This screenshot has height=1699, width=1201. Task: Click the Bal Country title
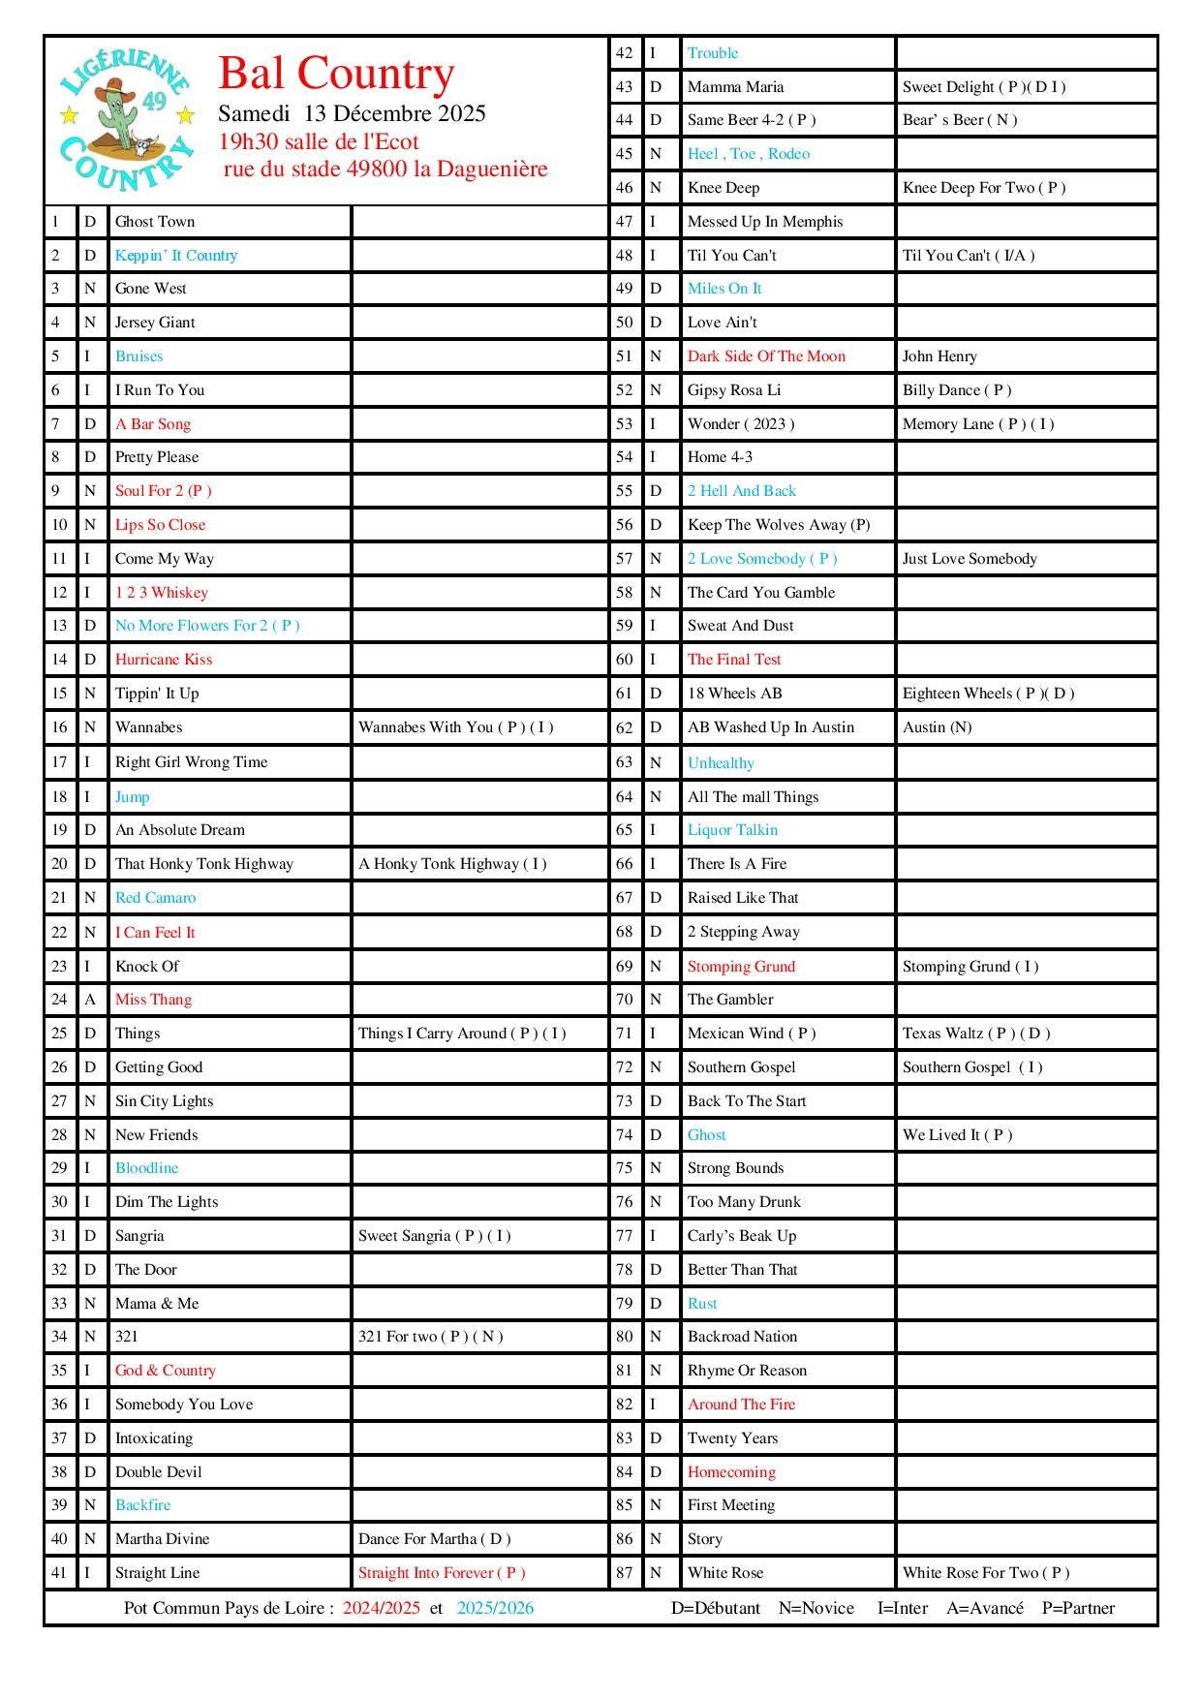(336, 74)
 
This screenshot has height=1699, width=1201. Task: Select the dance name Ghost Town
(155, 222)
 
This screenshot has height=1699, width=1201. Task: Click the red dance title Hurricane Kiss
(164, 660)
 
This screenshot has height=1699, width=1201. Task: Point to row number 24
(59, 1000)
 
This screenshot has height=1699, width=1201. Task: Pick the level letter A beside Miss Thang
(89, 1000)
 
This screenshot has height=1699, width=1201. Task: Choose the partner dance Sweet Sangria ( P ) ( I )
(434, 1236)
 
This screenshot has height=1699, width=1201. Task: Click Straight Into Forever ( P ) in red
(442, 1573)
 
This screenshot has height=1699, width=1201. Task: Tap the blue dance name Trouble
(713, 53)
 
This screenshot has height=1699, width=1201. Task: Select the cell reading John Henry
(939, 356)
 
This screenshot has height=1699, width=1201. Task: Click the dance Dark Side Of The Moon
(766, 356)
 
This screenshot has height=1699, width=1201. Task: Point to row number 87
(624, 1573)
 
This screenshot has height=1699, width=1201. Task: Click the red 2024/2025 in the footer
(381, 1608)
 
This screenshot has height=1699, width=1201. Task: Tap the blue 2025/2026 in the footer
(495, 1608)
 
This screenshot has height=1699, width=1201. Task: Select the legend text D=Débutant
(715, 1608)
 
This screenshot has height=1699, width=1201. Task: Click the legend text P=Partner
(1078, 1608)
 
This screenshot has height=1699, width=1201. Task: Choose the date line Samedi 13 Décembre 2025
(352, 113)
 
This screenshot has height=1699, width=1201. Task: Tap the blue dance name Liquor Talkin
(732, 830)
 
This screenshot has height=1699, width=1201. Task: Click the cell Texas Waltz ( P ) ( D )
(976, 1034)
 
